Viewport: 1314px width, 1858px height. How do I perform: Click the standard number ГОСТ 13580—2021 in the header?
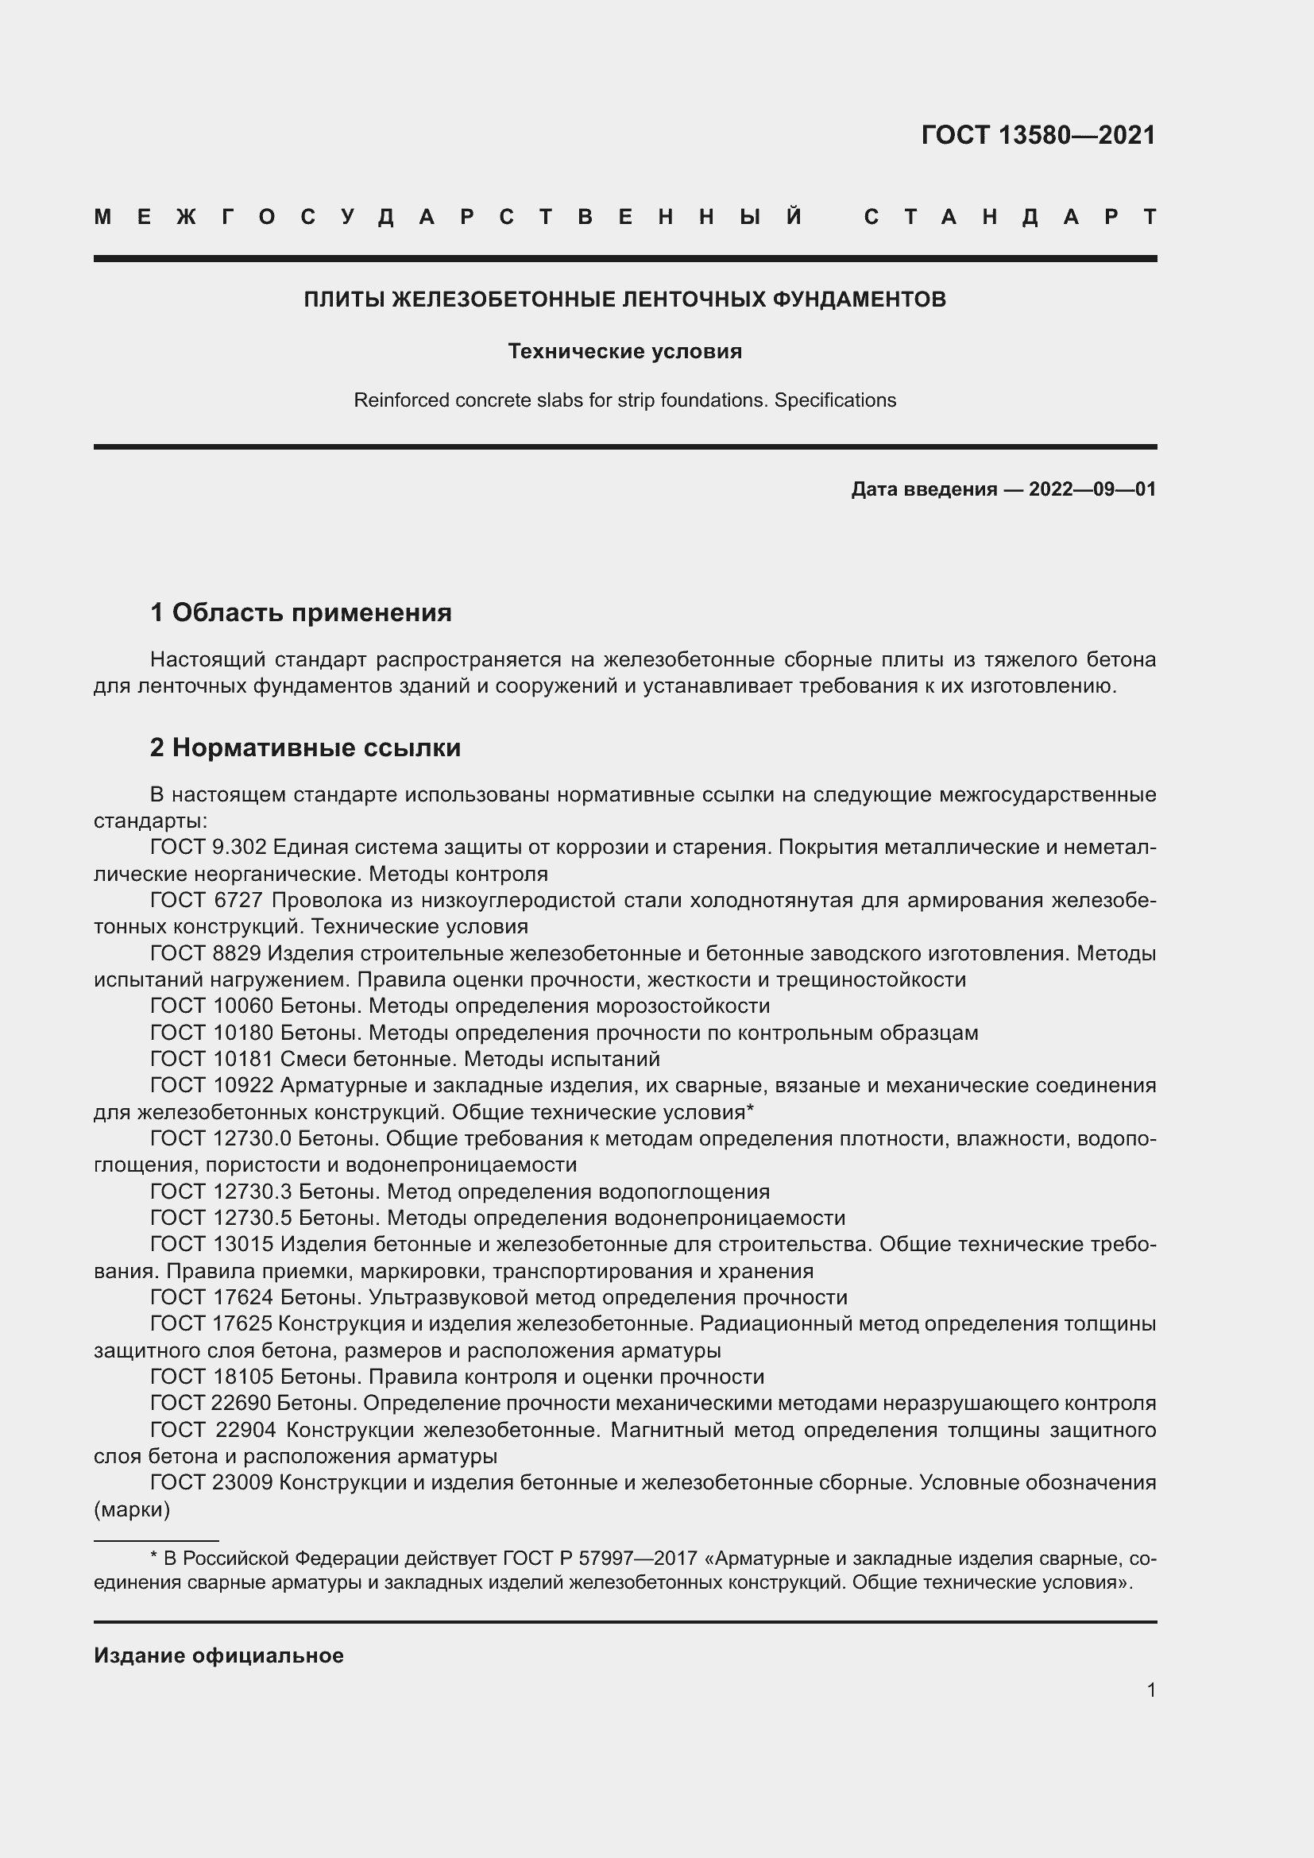click(x=1038, y=135)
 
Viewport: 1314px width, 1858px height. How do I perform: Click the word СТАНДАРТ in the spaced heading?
click(x=1010, y=217)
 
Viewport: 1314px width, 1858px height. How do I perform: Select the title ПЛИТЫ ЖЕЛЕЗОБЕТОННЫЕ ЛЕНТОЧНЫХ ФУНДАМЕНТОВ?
click(x=624, y=300)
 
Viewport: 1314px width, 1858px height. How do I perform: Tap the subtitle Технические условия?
click(x=624, y=351)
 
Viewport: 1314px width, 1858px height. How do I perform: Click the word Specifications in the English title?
click(x=835, y=400)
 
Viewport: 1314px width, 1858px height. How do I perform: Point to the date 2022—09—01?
click(x=1092, y=489)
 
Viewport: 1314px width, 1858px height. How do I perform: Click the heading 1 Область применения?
click(x=301, y=612)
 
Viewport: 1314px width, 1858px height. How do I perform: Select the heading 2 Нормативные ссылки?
click(x=305, y=747)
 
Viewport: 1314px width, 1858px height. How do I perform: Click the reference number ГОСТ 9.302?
click(x=208, y=848)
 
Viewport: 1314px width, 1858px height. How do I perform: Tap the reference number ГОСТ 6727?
click(x=207, y=901)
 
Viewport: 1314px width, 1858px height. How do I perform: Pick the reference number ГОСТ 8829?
click(x=206, y=953)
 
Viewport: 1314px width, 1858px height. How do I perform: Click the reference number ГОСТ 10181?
click(x=212, y=1060)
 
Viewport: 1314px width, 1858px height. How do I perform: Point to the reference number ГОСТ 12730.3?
click(x=221, y=1192)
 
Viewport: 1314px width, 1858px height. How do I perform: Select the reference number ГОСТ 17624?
click(x=212, y=1298)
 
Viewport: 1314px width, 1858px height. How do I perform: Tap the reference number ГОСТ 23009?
click(x=212, y=1483)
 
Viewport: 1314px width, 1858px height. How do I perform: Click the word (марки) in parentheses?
click(x=132, y=1510)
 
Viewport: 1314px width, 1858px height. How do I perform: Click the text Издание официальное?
click(x=218, y=1656)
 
